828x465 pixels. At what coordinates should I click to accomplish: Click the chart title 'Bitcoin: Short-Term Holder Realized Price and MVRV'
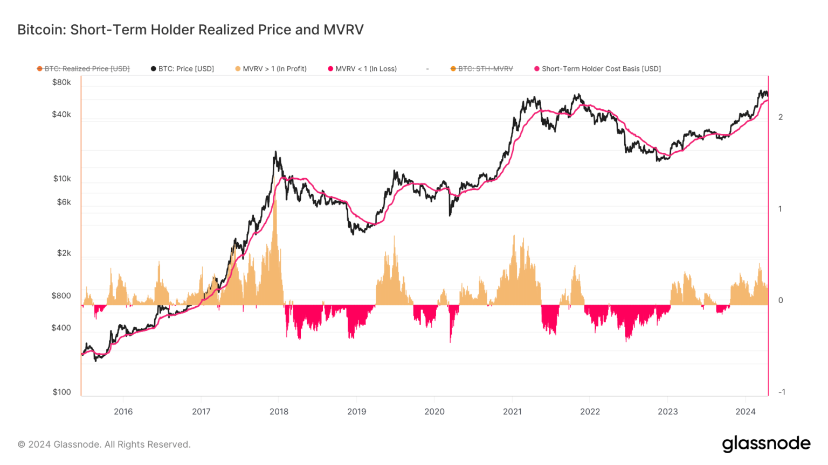click(x=190, y=30)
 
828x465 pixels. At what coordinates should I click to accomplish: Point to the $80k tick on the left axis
click(x=61, y=82)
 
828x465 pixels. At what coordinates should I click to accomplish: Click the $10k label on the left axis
click(x=62, y=179)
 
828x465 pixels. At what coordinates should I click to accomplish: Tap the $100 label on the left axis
click(x=62, y=392)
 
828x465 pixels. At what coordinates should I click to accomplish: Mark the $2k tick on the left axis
click(x=64, y=253)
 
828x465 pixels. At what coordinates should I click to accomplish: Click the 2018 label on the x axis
click(x=279, y=412)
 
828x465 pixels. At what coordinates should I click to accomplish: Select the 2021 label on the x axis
click(x=512, y=412)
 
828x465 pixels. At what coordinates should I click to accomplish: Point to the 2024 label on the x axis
click(x=746, y=412)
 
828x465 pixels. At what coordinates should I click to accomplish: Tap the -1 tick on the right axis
click(x=781, y=392)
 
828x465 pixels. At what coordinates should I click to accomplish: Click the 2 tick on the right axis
click(x=781, y=117)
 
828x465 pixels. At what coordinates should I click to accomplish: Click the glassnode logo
click(x=766, y=444)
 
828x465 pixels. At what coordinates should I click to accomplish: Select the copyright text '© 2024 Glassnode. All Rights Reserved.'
click(x=104, y=445)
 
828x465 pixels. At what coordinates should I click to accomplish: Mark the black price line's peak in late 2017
click(x=275, y=152)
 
